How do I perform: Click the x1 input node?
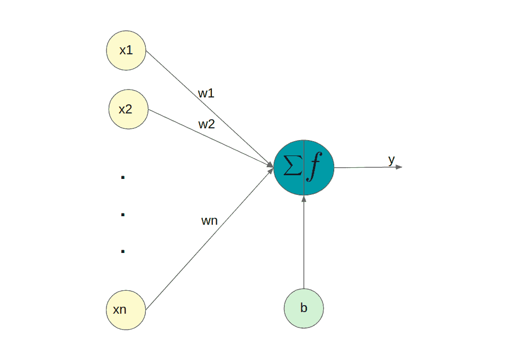pyautogui.click(x=126, y=51)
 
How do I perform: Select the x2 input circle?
pyautogui.click(x=128, y=109)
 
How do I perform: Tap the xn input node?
pyautogui.click(x=126, y=310)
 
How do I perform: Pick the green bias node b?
pyautogui.click(x=304, y=308)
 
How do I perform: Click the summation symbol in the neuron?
pyautogui.click(x=292, y=165)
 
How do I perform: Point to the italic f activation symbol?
pyautogui.click(x=314, y=166)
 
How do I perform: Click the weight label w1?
pyautogui.click(x=206, y=93)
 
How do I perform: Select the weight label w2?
pyautogui.click(x=207, y=124)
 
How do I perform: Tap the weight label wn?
pyautogui.click(x=209, y=221)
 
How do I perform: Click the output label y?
pyautogui.click(x=391, y=160)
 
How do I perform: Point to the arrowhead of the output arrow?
pyautogui.click(x=399, y=167)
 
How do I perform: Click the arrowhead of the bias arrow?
pyautogui.click(x=304, y=199)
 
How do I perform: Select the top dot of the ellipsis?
pyautogui.click(x=123, y=177)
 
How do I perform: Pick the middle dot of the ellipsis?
pyautogui.click(x=123, y=215)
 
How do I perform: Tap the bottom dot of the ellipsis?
pyautogui.click(x=123, y=251)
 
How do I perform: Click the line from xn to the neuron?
pyautogui.click(x=210, y=239)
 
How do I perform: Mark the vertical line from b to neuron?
pyautogui.click(x=304, y=242)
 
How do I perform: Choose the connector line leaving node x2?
pyautogui.click(x=211, y=138)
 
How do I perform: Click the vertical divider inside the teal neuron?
pyautogui.click(x=304, y=168)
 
